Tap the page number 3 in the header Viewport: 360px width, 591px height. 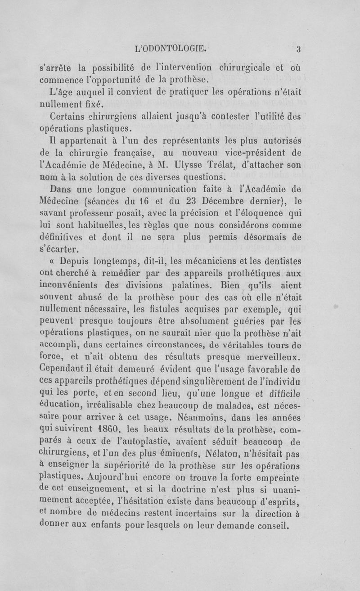[x=298, y=49]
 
